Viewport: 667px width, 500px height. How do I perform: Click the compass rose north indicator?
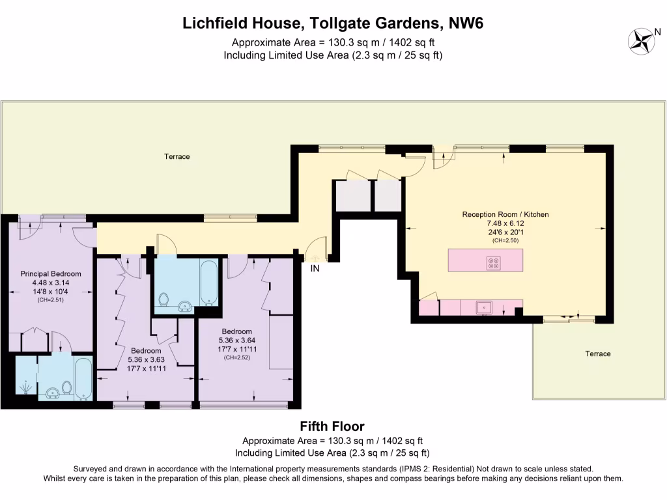[643, 40]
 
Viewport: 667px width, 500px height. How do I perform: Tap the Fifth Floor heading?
[332, 426]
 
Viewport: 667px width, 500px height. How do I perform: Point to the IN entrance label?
[315, 268]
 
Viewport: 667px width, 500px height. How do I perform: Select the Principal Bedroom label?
[51, 274]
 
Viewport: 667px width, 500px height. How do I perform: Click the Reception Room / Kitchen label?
[505, 214]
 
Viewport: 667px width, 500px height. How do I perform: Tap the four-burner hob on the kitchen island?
[494, 263]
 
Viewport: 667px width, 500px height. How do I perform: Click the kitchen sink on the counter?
[485, 307]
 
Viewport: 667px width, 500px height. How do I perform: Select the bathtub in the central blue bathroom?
[209, 283]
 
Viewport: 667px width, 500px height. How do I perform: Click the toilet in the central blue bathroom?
[165, 300]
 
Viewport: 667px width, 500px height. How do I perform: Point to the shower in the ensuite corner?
[25, 386]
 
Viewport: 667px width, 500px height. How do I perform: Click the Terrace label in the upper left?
[177, 157]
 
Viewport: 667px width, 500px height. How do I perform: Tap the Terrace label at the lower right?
[598, 354]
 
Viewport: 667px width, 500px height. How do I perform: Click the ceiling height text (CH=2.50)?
[505, 240]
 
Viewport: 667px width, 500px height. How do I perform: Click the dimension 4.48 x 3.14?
[51, 283]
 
